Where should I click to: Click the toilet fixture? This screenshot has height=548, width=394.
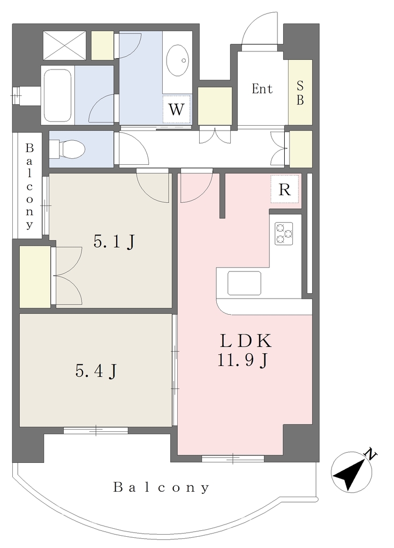tap(67, 149)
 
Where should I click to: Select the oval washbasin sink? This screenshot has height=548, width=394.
tap(177, 60)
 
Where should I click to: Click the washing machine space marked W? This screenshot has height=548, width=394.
tap(177, 109)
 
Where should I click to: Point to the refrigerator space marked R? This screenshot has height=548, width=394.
tap(285, 189)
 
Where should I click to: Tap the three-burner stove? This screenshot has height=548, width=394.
tap(284, 233)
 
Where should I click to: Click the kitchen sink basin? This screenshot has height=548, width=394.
tap(244, 283)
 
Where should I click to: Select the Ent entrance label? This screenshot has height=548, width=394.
tap(262, 89)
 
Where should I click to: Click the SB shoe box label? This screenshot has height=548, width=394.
tap(300, 93)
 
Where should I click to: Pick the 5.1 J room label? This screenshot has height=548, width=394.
tap(113, 242)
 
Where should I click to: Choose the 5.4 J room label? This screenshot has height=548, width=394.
tap(96, 371)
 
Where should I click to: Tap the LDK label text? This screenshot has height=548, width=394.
tap(245, 341)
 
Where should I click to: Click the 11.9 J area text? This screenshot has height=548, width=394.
tap(243, 360)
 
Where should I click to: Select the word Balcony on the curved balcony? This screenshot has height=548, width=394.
tap(162, 487)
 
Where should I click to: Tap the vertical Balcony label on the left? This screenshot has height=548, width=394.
tap(29, 186)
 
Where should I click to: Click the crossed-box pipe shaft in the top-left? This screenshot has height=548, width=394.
tap(64, 45)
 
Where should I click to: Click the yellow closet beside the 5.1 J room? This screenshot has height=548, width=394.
tap(35, 277)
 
